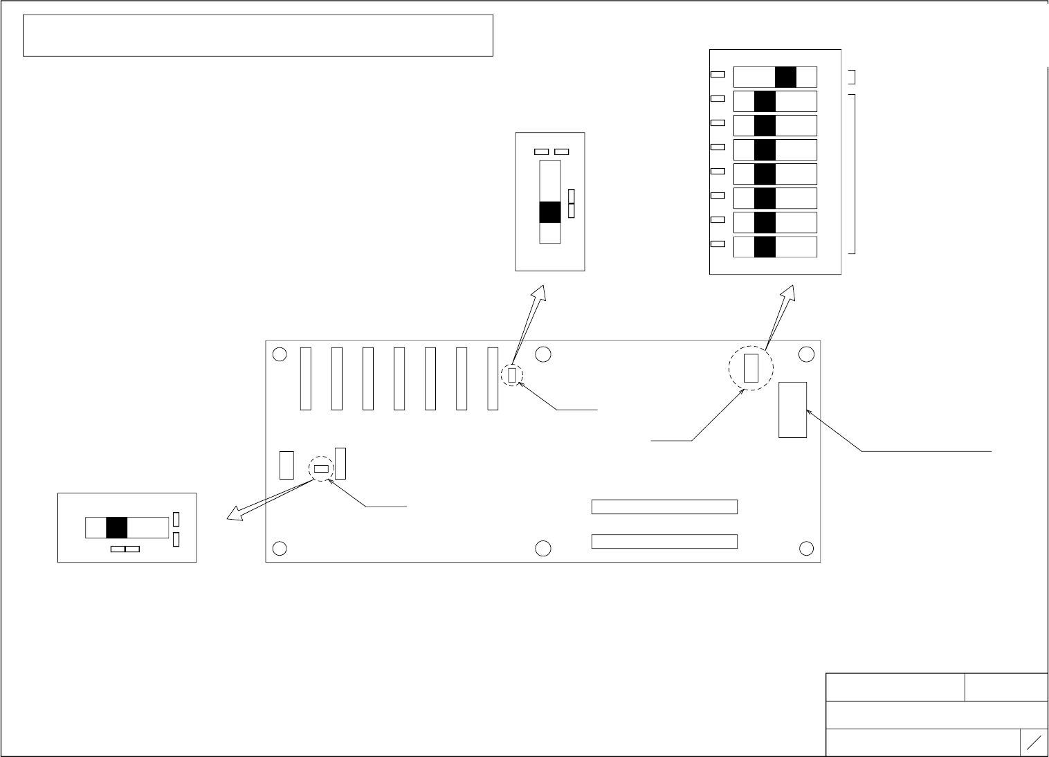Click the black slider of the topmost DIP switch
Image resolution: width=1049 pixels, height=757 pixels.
(x=785, y=77)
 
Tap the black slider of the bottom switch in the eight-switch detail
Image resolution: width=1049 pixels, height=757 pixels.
(x=765, y=247)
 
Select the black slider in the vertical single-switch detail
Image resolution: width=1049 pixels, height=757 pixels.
(x=549, y=212)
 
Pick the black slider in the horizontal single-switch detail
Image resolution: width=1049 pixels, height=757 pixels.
(x=117, y=528)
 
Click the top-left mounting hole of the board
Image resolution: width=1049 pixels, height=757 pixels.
(x=280, y=354)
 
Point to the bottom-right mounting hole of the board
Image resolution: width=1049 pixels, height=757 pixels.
(x=806, y=549)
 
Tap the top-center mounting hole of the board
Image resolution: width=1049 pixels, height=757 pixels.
(x=543, y=354)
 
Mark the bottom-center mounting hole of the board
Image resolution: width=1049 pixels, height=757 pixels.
(x=543, y=549)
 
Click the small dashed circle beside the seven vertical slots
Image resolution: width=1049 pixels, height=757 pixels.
(x=512, y=375)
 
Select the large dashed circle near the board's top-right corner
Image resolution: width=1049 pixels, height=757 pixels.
(x=751, y=368)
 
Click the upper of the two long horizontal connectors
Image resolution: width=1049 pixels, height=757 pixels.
(x=664, y=507)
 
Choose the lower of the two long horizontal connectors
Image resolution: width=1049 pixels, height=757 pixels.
(x=664, y=541)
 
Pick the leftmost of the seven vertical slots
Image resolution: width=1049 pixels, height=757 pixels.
(x=306, y=378)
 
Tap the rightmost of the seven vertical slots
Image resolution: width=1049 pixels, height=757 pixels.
(x=493, y=378)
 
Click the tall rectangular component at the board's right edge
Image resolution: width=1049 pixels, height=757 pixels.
(x=792, y=410)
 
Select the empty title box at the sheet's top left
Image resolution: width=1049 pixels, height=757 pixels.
(x=257, y=35)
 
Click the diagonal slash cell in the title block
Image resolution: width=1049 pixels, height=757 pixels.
(x=1034, y=743)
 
